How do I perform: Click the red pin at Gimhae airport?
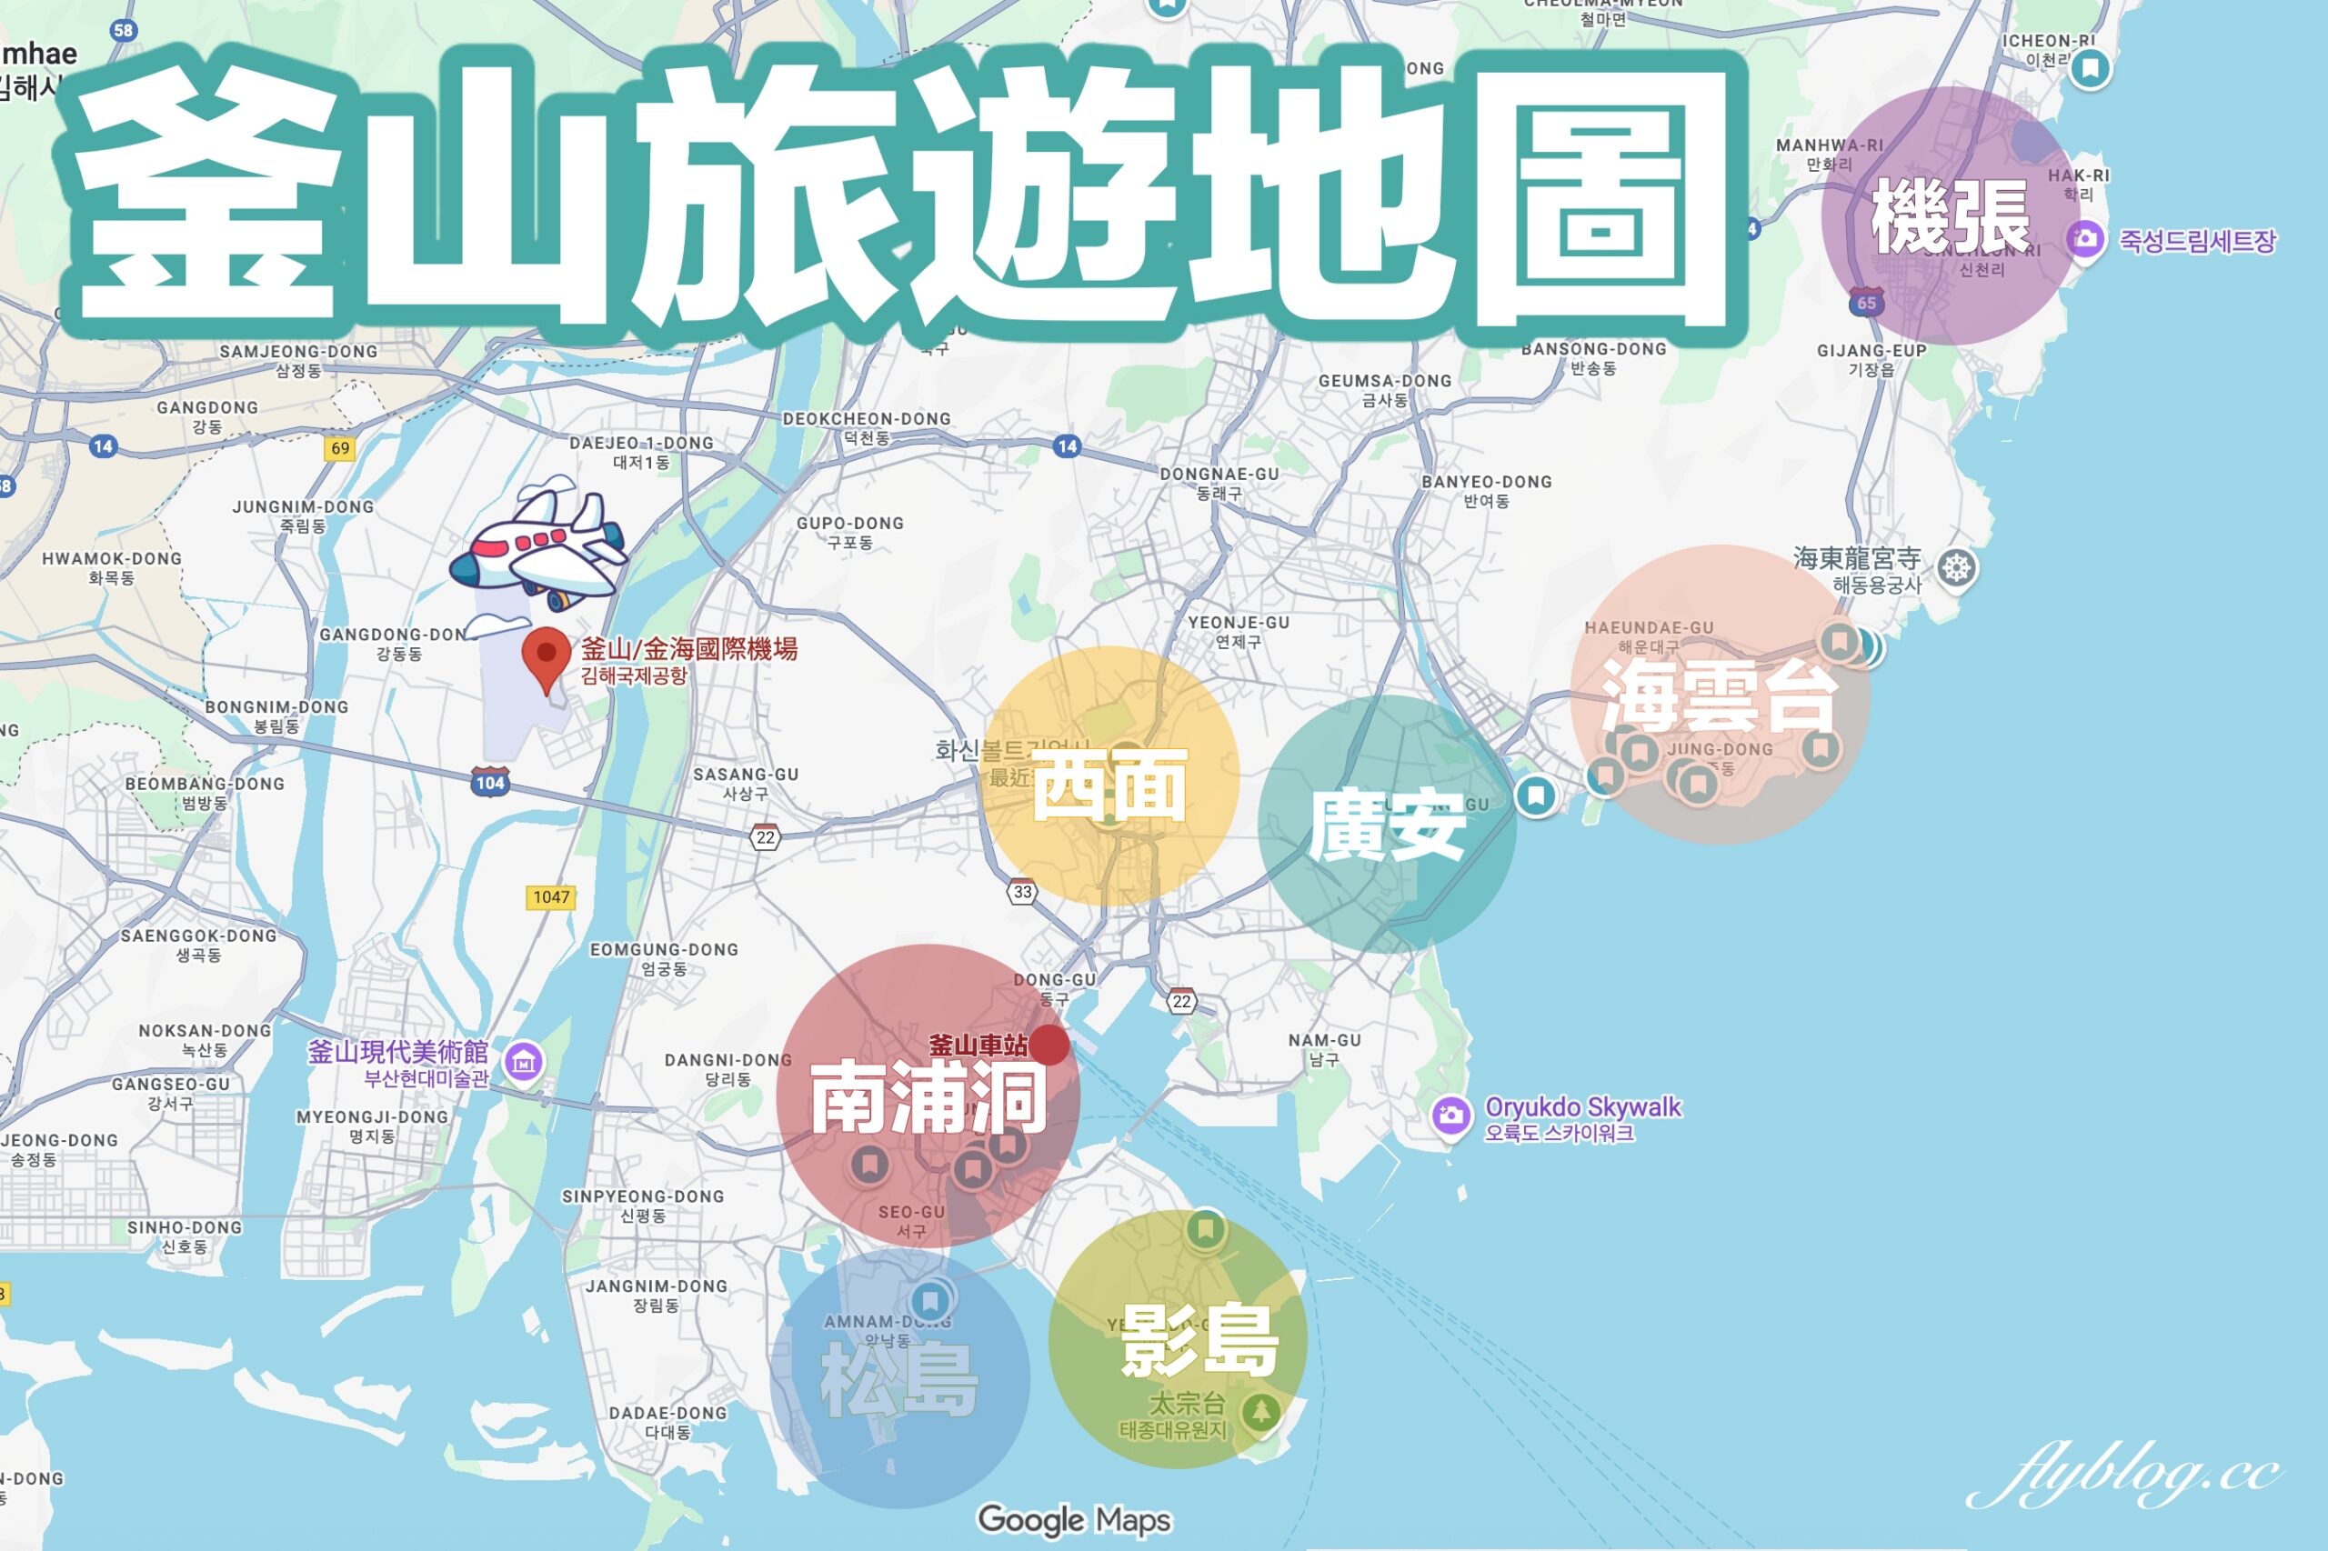click(547, 656)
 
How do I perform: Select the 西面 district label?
click(1109, 785)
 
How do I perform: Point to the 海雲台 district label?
click(1720, 697)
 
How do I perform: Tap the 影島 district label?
click(1199, 1340)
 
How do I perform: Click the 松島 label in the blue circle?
click(898, 1379)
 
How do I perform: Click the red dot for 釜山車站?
click(1049, 1046)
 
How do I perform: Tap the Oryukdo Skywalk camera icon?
click(1450, 1116)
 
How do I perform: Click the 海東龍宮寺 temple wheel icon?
click(1956, 569)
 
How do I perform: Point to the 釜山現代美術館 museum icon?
click(524, 1063)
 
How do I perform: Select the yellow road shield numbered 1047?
click(551, 897)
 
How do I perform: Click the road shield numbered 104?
click(490, 783)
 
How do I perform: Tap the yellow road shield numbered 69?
click(340, 448)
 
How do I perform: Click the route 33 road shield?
click(1023, 891)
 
